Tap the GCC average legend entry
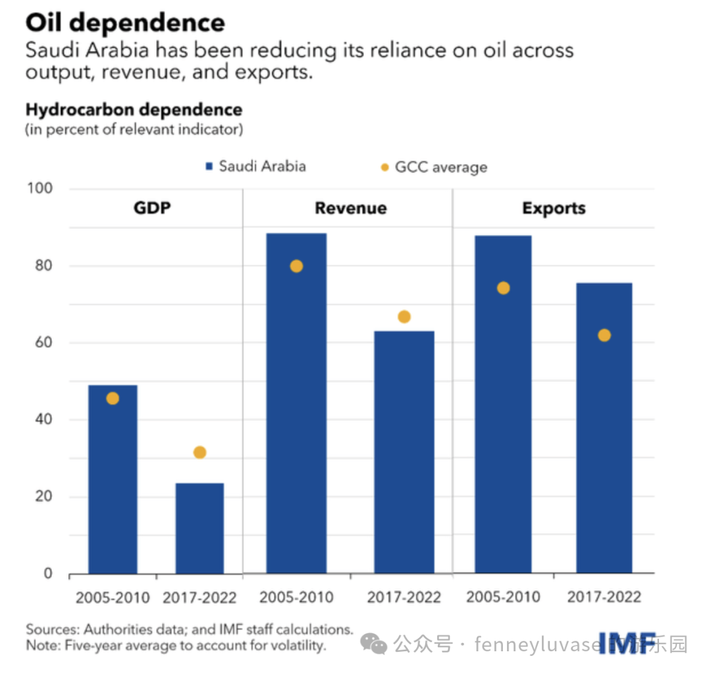point(434,167)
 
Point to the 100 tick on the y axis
point(40,189)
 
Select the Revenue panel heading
point(350,209)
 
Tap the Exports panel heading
point(554,209)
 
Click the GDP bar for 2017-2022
point(199,528)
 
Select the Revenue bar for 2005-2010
point(296,403)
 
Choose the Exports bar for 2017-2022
point(604,428)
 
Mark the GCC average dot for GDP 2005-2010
point(113,398)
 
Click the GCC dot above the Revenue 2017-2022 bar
point(404,317)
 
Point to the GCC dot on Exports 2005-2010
point(504,288)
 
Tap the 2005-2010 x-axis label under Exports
point(504,597)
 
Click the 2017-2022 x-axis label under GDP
point(199,598)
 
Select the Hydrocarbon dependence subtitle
point(134,109)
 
